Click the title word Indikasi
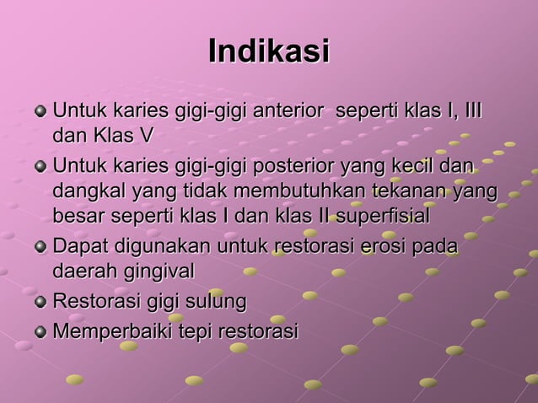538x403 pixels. pos(268,51)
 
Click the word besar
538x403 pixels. pos(77,217)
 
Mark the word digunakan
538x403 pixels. pos(159,247)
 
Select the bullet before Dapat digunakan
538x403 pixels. pos(41,248)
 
